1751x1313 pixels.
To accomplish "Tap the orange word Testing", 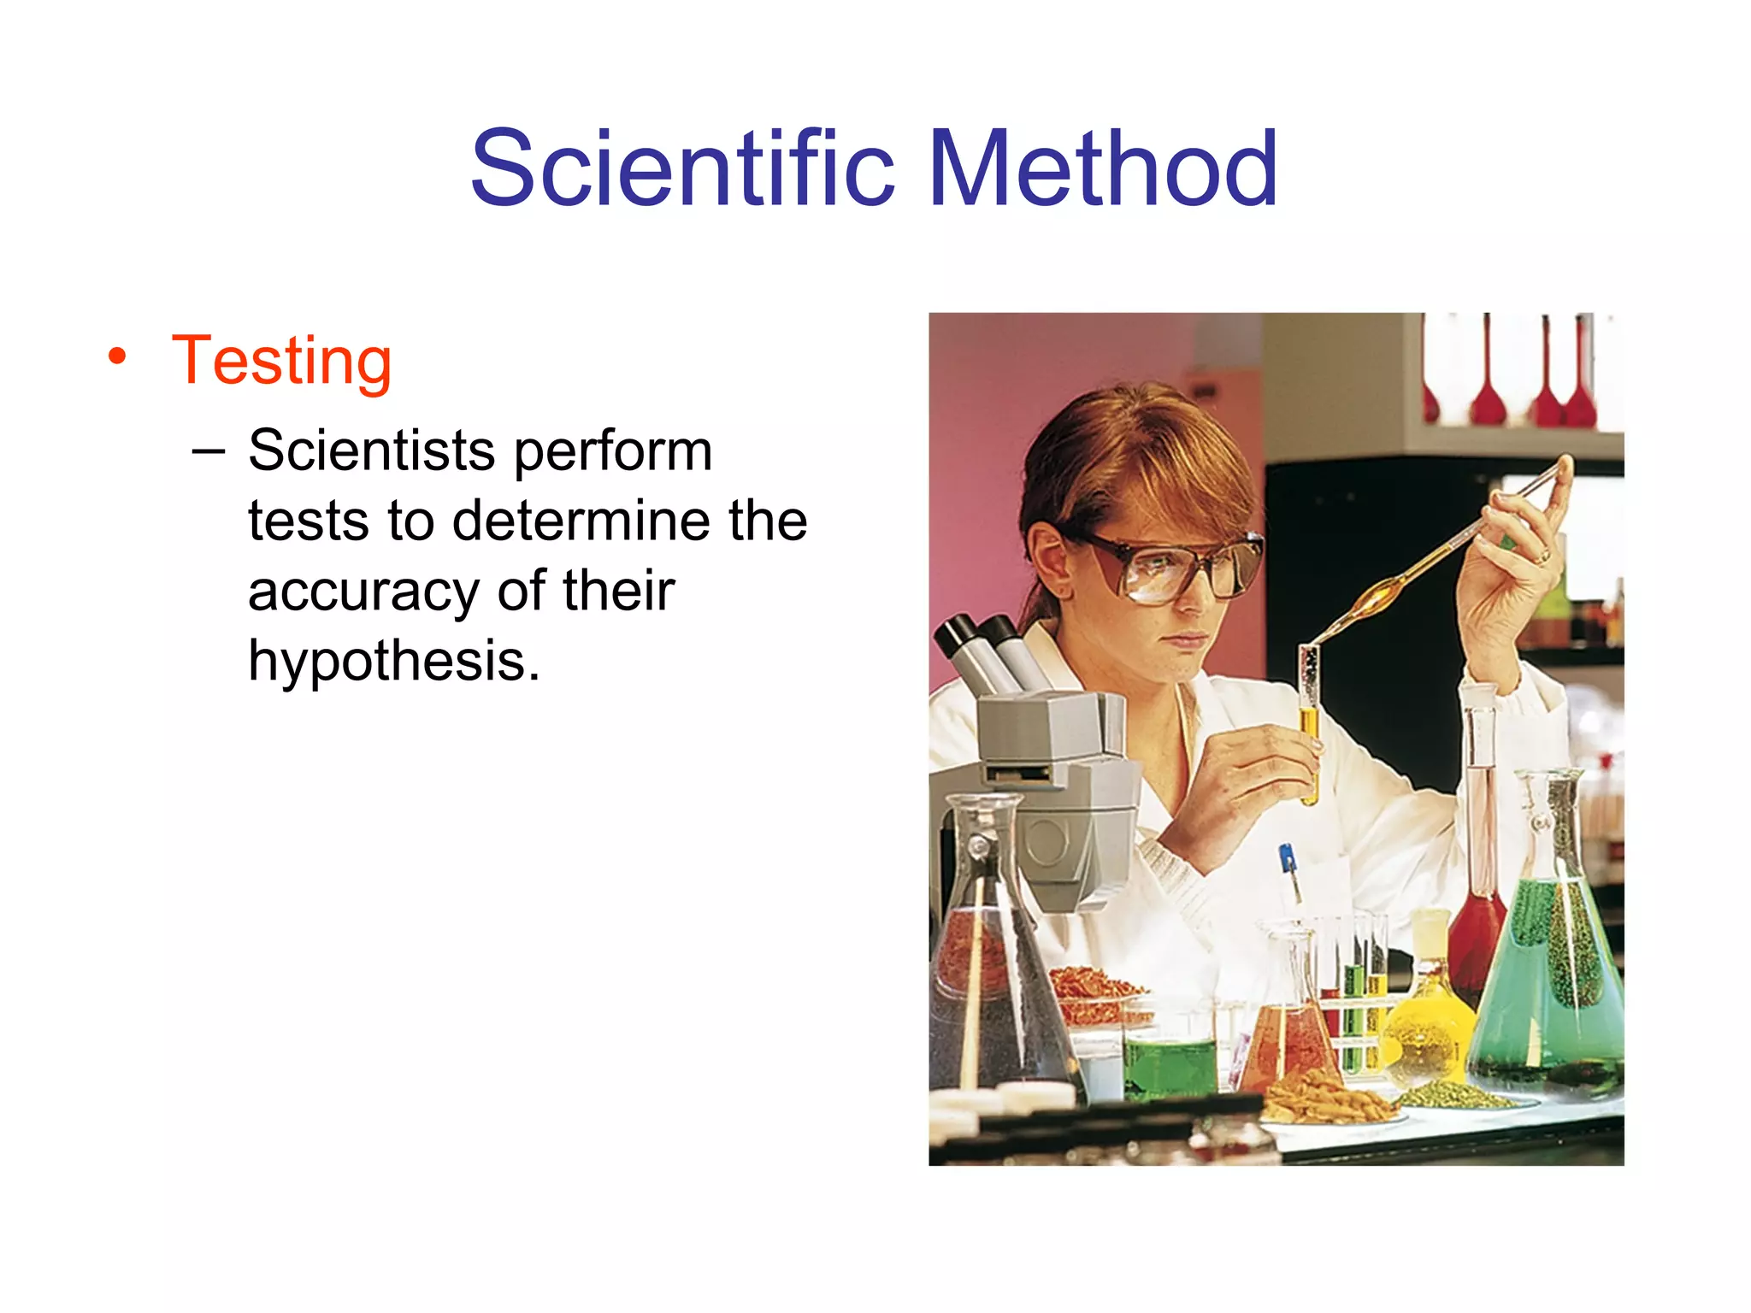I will tap(281, 362).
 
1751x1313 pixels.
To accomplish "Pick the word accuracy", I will tap(363, 592).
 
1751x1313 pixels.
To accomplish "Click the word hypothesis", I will tap(393, 662).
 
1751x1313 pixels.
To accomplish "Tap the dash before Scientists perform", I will tap(209, 450).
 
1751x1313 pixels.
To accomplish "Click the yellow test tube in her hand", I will tap(1309, 727).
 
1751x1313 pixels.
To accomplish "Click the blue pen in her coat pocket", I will tap(1288, 863).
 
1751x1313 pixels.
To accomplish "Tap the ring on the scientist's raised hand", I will tap(1544, 556).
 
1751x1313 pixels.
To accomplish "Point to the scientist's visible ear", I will tap(1048, 560).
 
